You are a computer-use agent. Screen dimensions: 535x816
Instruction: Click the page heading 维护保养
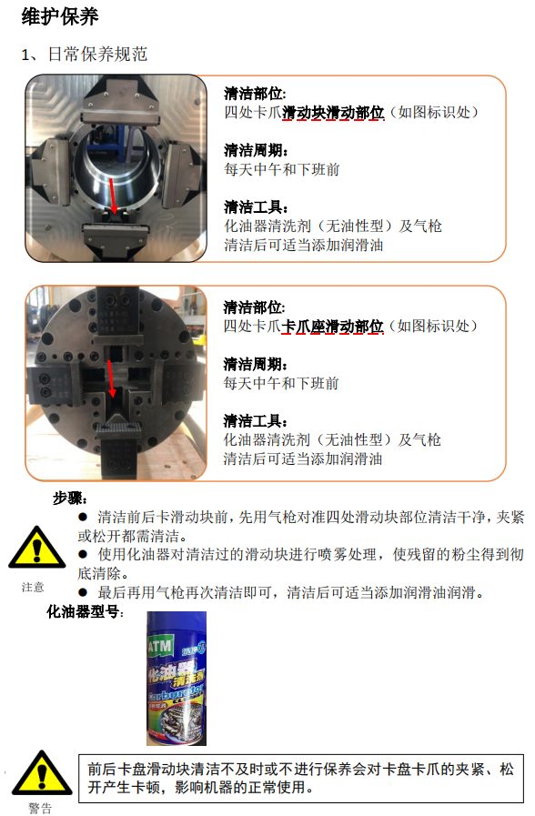60,16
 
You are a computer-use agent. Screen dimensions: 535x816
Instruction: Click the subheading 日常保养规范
98,54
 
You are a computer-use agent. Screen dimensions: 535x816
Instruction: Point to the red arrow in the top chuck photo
113,196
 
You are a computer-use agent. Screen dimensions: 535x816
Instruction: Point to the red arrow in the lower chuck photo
111,378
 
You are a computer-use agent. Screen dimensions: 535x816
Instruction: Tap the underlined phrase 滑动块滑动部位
333,113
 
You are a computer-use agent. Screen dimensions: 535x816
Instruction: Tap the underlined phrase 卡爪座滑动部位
332,327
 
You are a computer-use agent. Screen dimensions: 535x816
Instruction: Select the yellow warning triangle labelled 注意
37,547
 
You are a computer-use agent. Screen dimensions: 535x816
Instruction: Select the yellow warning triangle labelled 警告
42,773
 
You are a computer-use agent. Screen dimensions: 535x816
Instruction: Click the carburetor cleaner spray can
177,678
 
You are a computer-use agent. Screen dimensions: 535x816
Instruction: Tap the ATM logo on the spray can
160,647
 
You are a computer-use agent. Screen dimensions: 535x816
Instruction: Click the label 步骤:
70,499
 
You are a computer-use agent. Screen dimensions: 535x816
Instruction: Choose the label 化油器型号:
86,611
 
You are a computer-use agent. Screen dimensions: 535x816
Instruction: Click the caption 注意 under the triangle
33,587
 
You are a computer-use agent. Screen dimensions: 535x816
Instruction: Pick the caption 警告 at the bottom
40,808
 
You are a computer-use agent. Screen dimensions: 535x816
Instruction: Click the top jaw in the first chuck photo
120,103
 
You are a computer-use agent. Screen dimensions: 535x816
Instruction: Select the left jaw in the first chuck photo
50,171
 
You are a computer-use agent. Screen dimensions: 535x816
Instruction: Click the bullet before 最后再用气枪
83,592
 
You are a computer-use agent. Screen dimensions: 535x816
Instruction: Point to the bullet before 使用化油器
83,555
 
